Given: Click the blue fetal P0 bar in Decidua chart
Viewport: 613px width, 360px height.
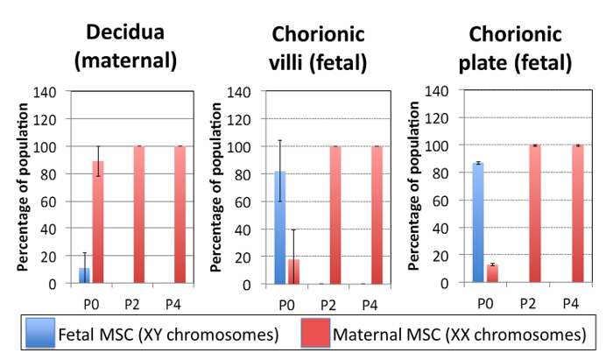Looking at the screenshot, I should pos(85,275).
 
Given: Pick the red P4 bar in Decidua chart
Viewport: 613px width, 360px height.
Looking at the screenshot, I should pos(180,215).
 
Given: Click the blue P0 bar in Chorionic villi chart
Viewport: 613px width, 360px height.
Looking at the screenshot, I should pos(280,228).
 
